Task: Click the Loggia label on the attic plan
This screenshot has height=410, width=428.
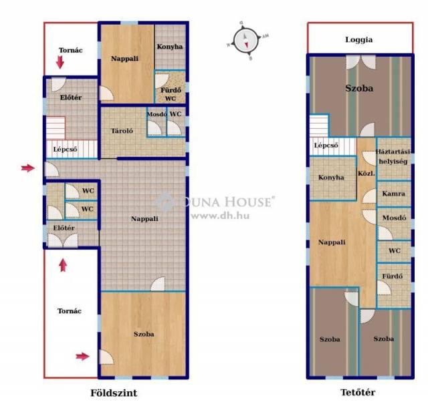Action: (x=358, y=40)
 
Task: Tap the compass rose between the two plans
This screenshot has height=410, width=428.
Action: (x=245, y=41)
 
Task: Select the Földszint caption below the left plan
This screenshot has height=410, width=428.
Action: (x=114, y=393)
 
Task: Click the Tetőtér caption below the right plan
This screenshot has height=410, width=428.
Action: (x=358, y=393)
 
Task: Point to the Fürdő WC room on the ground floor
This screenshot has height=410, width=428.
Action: (x=171, y=87)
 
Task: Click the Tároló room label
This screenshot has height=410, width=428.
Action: (x=122, y=131)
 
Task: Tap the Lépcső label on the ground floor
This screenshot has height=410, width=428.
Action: (x=65, y=150)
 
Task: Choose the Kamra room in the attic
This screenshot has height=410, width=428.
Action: (x=394, y=194)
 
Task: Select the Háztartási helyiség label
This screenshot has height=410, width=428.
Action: (x=393, y=156)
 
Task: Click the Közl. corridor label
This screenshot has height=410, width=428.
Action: (x=366, y=174)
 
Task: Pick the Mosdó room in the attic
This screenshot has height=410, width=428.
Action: (x=394, y=224)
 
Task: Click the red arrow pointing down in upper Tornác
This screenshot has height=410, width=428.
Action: (x=60, y=62)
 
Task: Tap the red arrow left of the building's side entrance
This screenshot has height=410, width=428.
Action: (x=28, y=168)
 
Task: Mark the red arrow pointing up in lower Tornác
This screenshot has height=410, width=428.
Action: (x=63, y=265)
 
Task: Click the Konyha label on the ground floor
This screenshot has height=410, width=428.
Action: (x=169, y=47)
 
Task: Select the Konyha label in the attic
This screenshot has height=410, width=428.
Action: (x=331, y=178)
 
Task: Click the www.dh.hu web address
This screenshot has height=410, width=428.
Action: (x=220, y=216)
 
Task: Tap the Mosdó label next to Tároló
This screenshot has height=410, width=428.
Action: (x=156, y=114)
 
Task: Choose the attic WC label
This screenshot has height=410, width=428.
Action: (x=395, y=250)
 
